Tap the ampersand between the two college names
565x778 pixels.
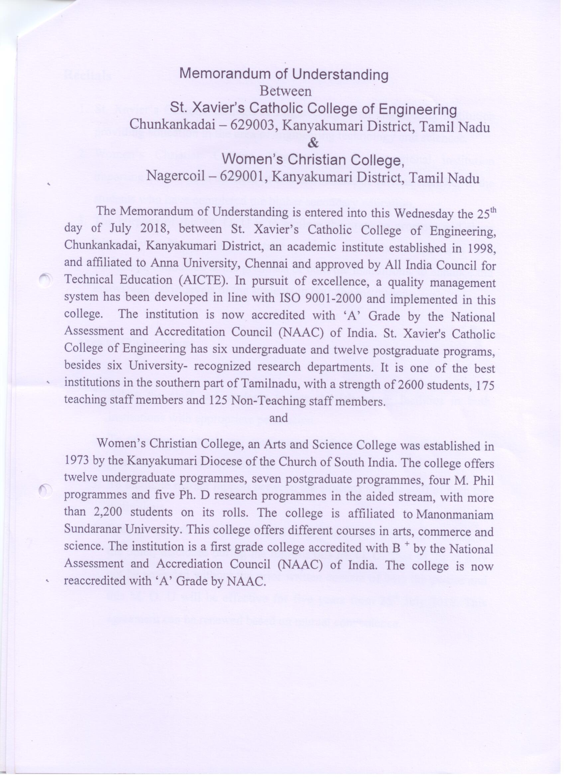312,144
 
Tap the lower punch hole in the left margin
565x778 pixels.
45,490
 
